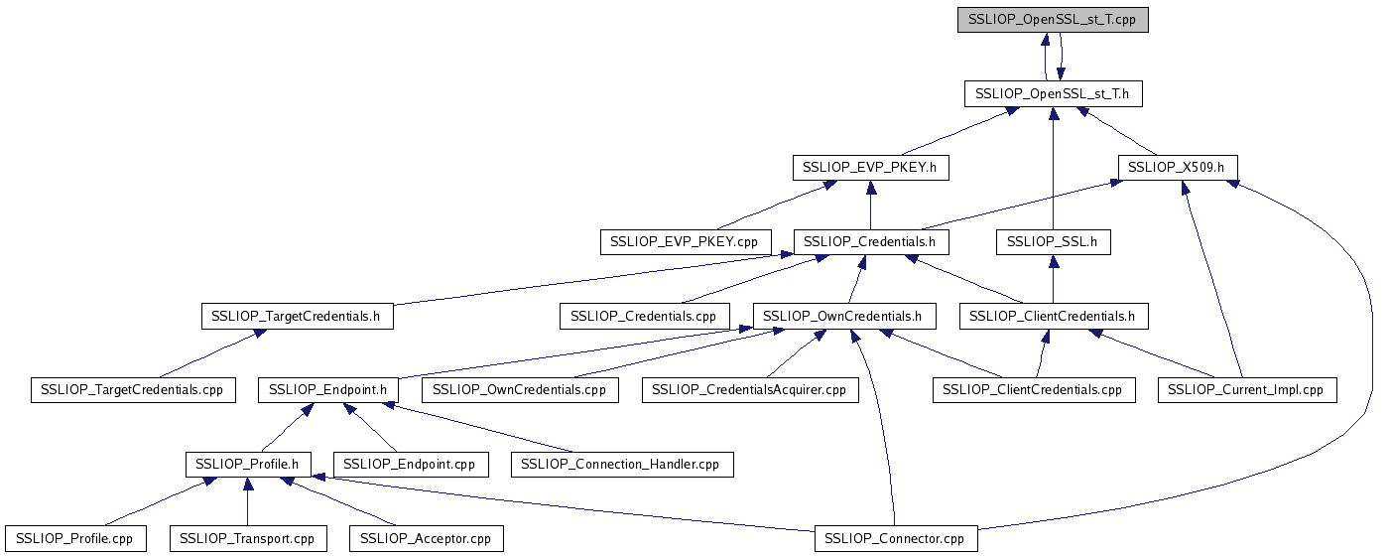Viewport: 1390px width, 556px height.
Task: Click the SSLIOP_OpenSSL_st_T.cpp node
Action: [1053, 20]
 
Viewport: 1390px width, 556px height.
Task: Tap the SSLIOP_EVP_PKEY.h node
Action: [870, 168]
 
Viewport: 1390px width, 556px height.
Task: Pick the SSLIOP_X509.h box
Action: [1178, 168]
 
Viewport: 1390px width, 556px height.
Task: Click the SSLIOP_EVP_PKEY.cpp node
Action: [685, 241]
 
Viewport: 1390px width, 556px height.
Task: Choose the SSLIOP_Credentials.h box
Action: [870, 241]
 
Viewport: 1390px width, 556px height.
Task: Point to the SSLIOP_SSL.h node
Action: [1053, 241]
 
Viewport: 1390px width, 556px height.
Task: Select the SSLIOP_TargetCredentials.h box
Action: [297, 317]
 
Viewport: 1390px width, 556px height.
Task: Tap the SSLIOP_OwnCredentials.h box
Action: [844, 317]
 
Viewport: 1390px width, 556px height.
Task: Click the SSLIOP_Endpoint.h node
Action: [328, 390]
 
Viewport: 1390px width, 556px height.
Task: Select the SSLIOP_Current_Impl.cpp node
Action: [1247, 390]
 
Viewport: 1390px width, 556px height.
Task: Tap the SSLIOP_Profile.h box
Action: [248, 464]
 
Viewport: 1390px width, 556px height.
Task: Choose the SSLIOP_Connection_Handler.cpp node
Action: [622, 464]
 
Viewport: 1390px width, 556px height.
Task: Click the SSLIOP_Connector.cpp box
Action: [895, 539]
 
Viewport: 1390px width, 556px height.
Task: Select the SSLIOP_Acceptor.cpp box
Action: [426, 539]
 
